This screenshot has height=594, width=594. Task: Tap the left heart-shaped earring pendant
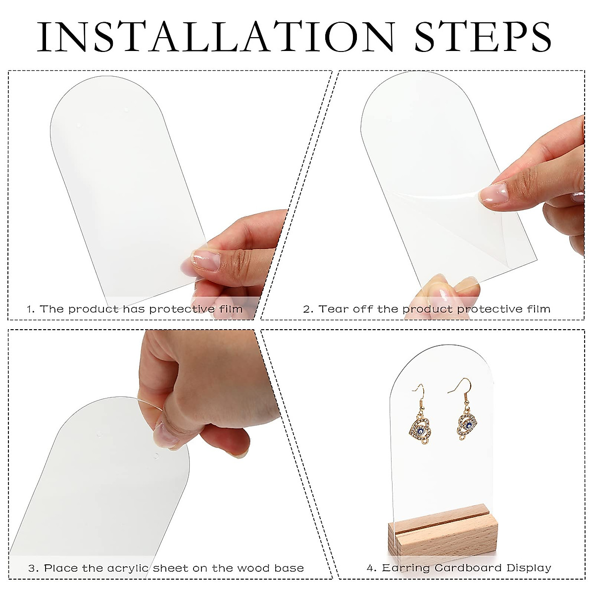click(419, 427)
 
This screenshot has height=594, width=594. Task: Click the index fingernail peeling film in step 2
click(493, 194)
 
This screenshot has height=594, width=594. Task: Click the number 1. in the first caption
click(31, 309)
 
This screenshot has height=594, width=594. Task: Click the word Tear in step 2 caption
click(331, 309)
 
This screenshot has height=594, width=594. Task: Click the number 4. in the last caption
click(371, 568)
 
